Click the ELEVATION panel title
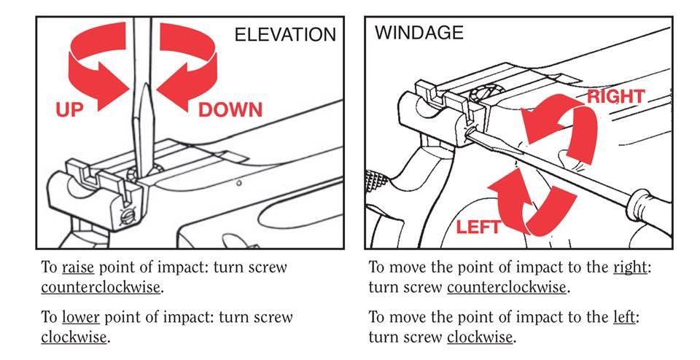click(285, 35)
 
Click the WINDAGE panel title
click(419, 33)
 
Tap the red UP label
click(69, 109)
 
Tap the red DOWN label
click(230, 110)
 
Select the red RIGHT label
click(616, 96)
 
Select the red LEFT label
click(478, 227)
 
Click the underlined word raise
click(78, 267)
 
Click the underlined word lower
click(81, 318)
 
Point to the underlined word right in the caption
click(630, 267)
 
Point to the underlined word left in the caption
click(623, 318)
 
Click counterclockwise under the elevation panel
click(101, 287)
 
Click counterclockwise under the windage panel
click(507, 287)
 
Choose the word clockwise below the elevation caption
click(74, 337)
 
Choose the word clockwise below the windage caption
click(480, 337)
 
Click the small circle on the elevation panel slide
click(239, 183)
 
